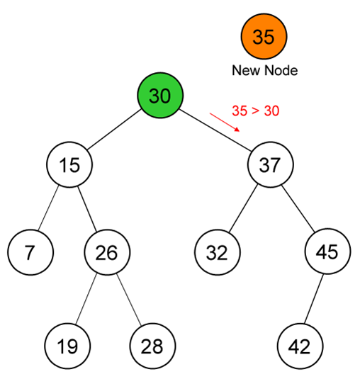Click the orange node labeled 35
pyautogui.click(x=264, y=36)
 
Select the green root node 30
pyautogui.click(x=160, y=95)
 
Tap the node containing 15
pyautogui.click(x=69, y=164)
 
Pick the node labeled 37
pyautogui.click(x=271, y=164)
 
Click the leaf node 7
pyautogui.click(x=30, y=252)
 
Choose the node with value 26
pyautogui.click(x=107, y=252)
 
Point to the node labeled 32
pyautogui.click(x=218, y=252)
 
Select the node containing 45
pyautogui.click(x=327, y=251)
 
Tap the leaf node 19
pyautogui.click(x=67, y=346)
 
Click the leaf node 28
pyautogui.click(x=152, y=346)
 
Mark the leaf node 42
pyautogui.click(x=300, y=346)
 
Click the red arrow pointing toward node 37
pyautogui.click(x=225, y=123)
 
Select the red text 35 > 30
pyautogui.click(x=256, y=111)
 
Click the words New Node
pyautogui.click(x=265, y=70)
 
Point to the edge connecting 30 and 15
pyautogui.click(x=114, y=130)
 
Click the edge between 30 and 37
pyautogui.click(x=215, y=130)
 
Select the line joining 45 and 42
pyautogui.click(x=313, y=299)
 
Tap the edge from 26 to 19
pyautogui.click(x=86, y=299)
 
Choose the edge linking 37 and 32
pyautogui.click(x=243, y=208)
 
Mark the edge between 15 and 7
pyautogui.click(x=48, y=208)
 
